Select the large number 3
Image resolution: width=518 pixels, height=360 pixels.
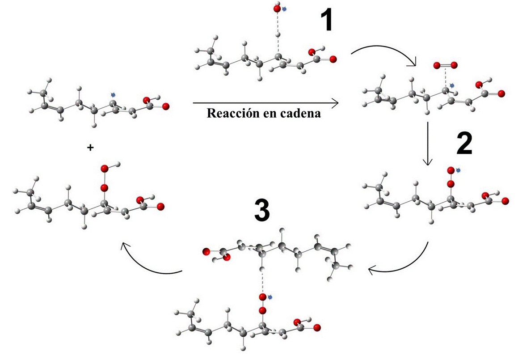pos(262,210)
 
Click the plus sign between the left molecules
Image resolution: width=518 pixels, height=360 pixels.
pos(91,148)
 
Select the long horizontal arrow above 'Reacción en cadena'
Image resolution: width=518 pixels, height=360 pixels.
pos(265,103)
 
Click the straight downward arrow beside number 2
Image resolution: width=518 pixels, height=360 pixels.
pos(428,143)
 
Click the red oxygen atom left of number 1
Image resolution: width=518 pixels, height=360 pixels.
pos(277,8)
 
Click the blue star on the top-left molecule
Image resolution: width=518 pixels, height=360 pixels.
pos(113,95)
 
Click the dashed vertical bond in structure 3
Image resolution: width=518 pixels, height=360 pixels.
pos(262,281)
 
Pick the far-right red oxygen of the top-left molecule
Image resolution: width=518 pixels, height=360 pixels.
pos(166,106)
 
